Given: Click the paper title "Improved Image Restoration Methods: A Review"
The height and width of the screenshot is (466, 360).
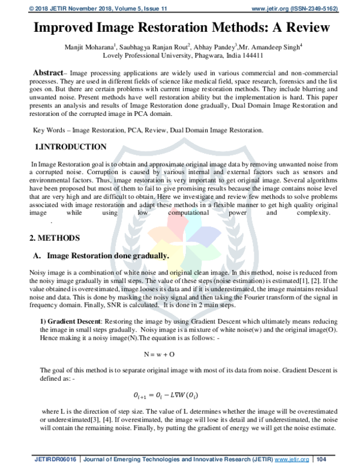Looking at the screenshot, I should pyautogui.click(x=180, y=28).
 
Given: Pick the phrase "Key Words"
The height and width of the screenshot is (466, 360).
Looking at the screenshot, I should pyautogui.click(x=48, y=130).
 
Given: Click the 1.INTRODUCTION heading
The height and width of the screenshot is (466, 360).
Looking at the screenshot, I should pyautogui.click(x=71, y=147).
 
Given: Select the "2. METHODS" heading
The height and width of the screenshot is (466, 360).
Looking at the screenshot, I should pyautogui.click(x=56, y=238).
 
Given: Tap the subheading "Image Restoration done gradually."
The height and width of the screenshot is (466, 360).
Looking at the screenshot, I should pyautogui.click(x=108, y=255).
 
